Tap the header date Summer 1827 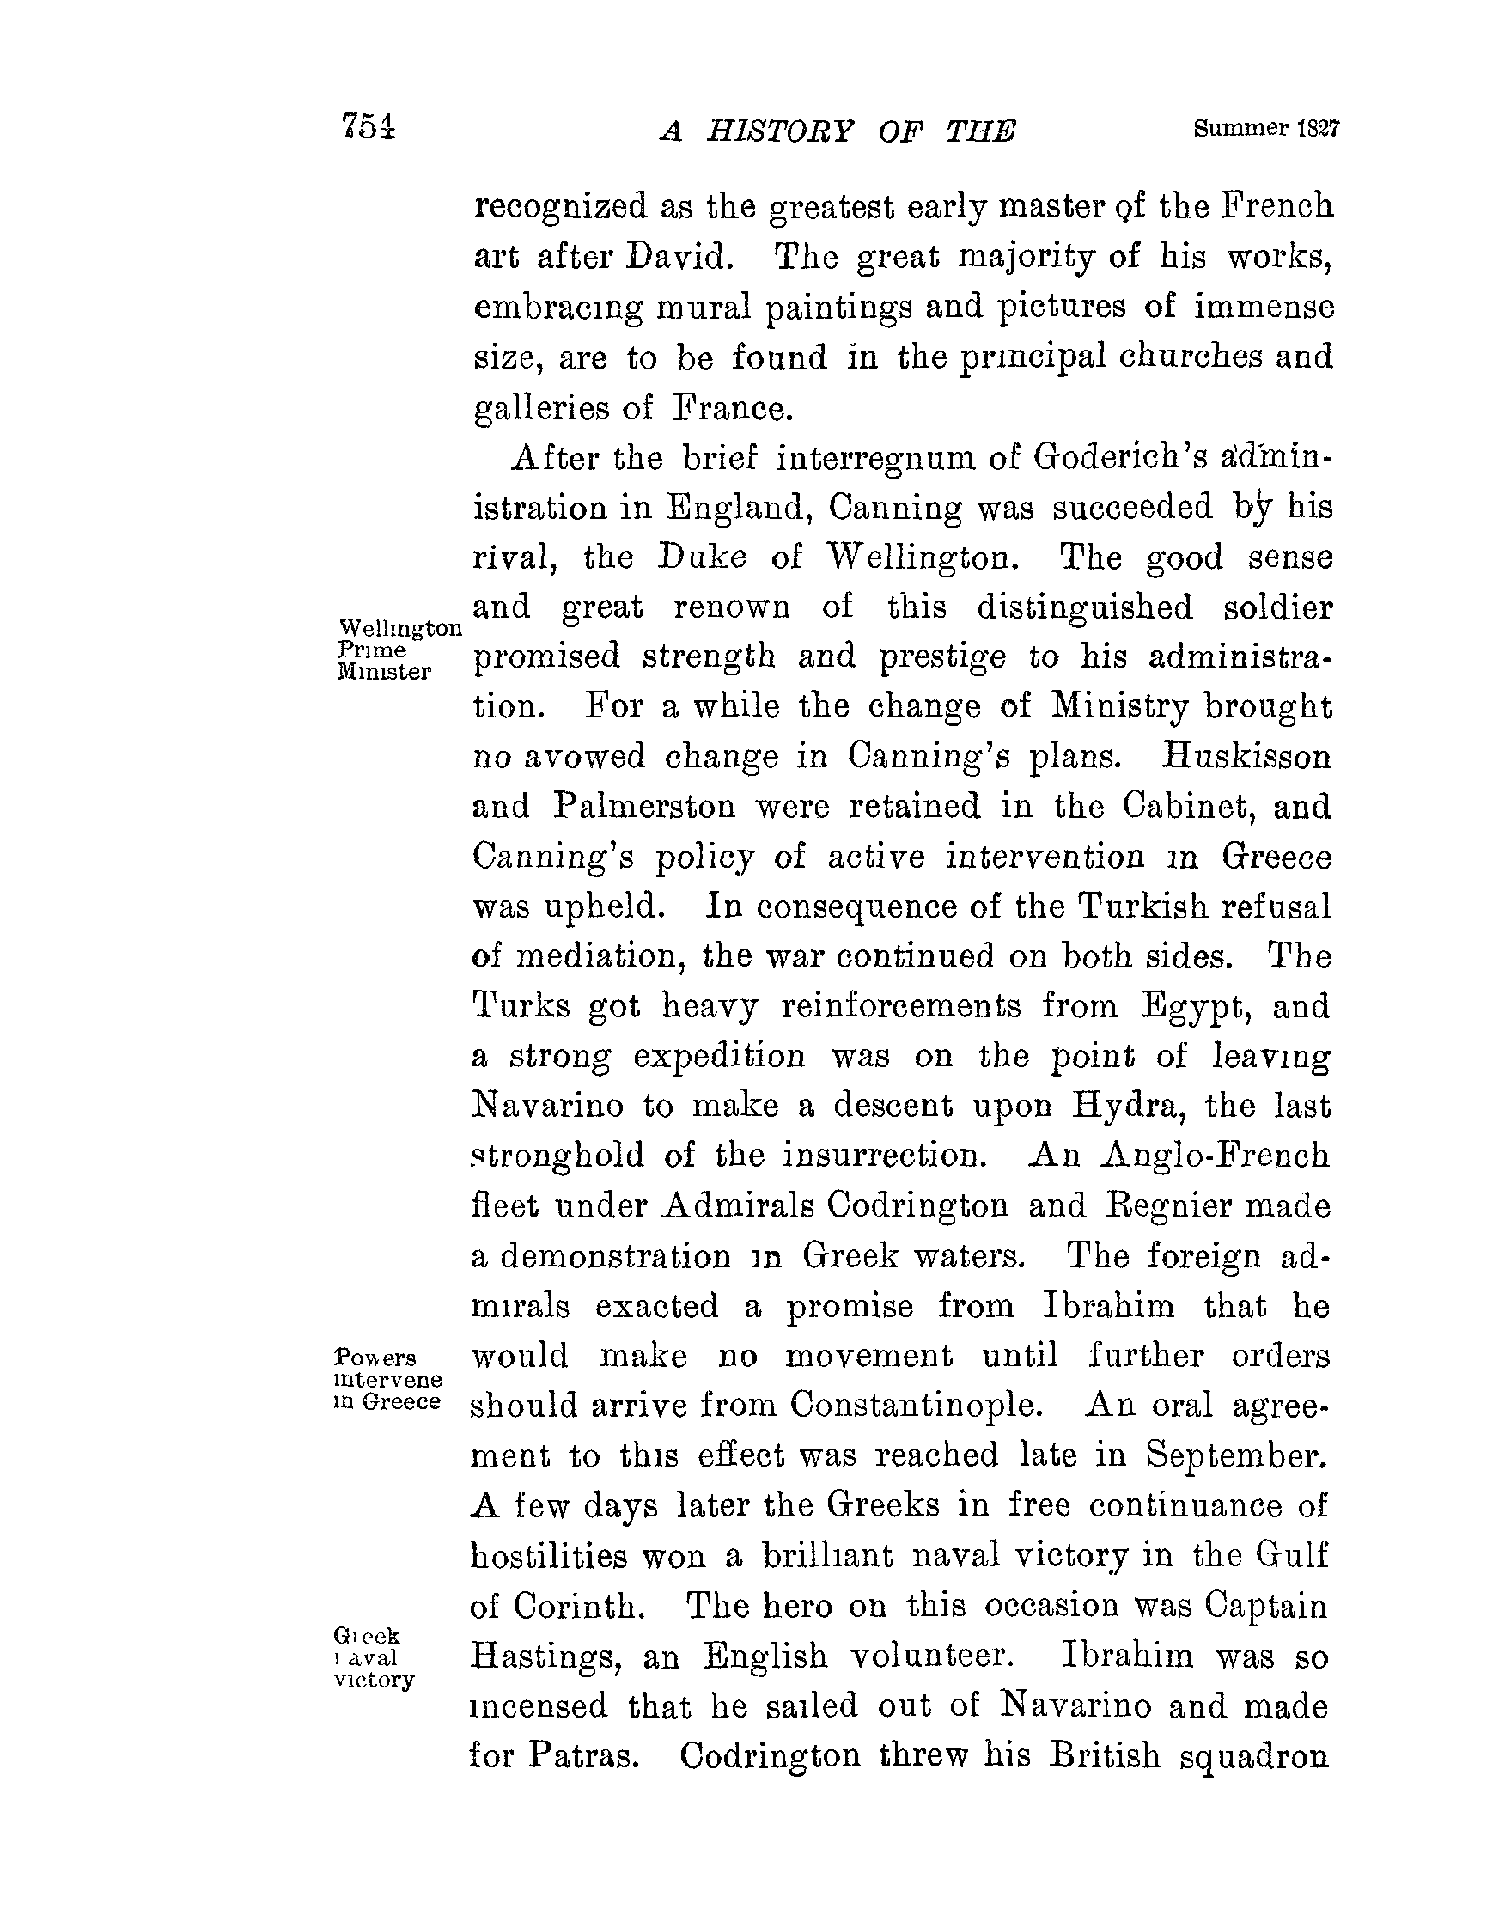tap(1266, 129)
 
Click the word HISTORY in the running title tap(780, 131)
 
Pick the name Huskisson tap(1246, 757)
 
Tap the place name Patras tap(584, 1755)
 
